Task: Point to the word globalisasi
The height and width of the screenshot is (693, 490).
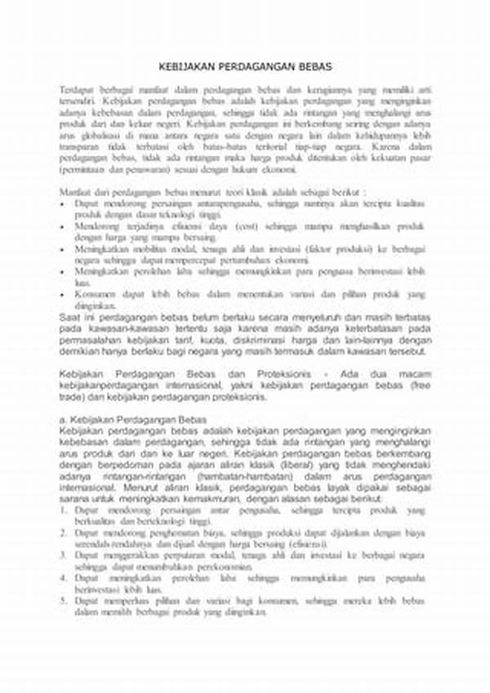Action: [x=99, y=135]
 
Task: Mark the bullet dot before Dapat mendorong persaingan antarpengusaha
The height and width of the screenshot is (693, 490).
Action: [x=63, y=201]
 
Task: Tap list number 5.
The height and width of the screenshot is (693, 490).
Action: [x=63, y=602]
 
